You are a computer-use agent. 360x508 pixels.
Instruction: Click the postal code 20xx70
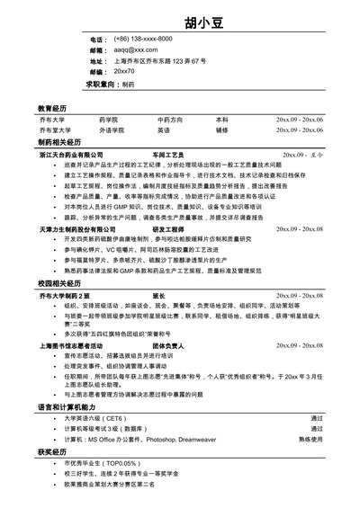click(125, 70)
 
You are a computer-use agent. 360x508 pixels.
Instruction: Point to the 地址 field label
click(98, 60)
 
